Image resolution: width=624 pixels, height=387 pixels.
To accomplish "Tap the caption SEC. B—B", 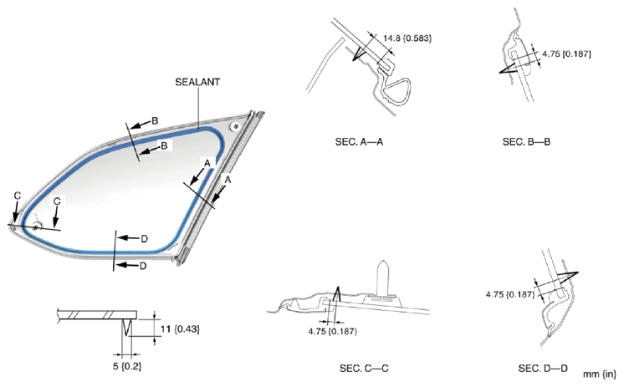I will click(526, 143).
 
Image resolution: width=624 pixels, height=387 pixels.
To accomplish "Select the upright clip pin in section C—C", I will click(384, 276).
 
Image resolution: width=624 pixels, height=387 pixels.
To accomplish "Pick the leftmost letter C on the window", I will click(17, 196).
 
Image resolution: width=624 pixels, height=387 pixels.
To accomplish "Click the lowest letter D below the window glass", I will click(142, 266).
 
